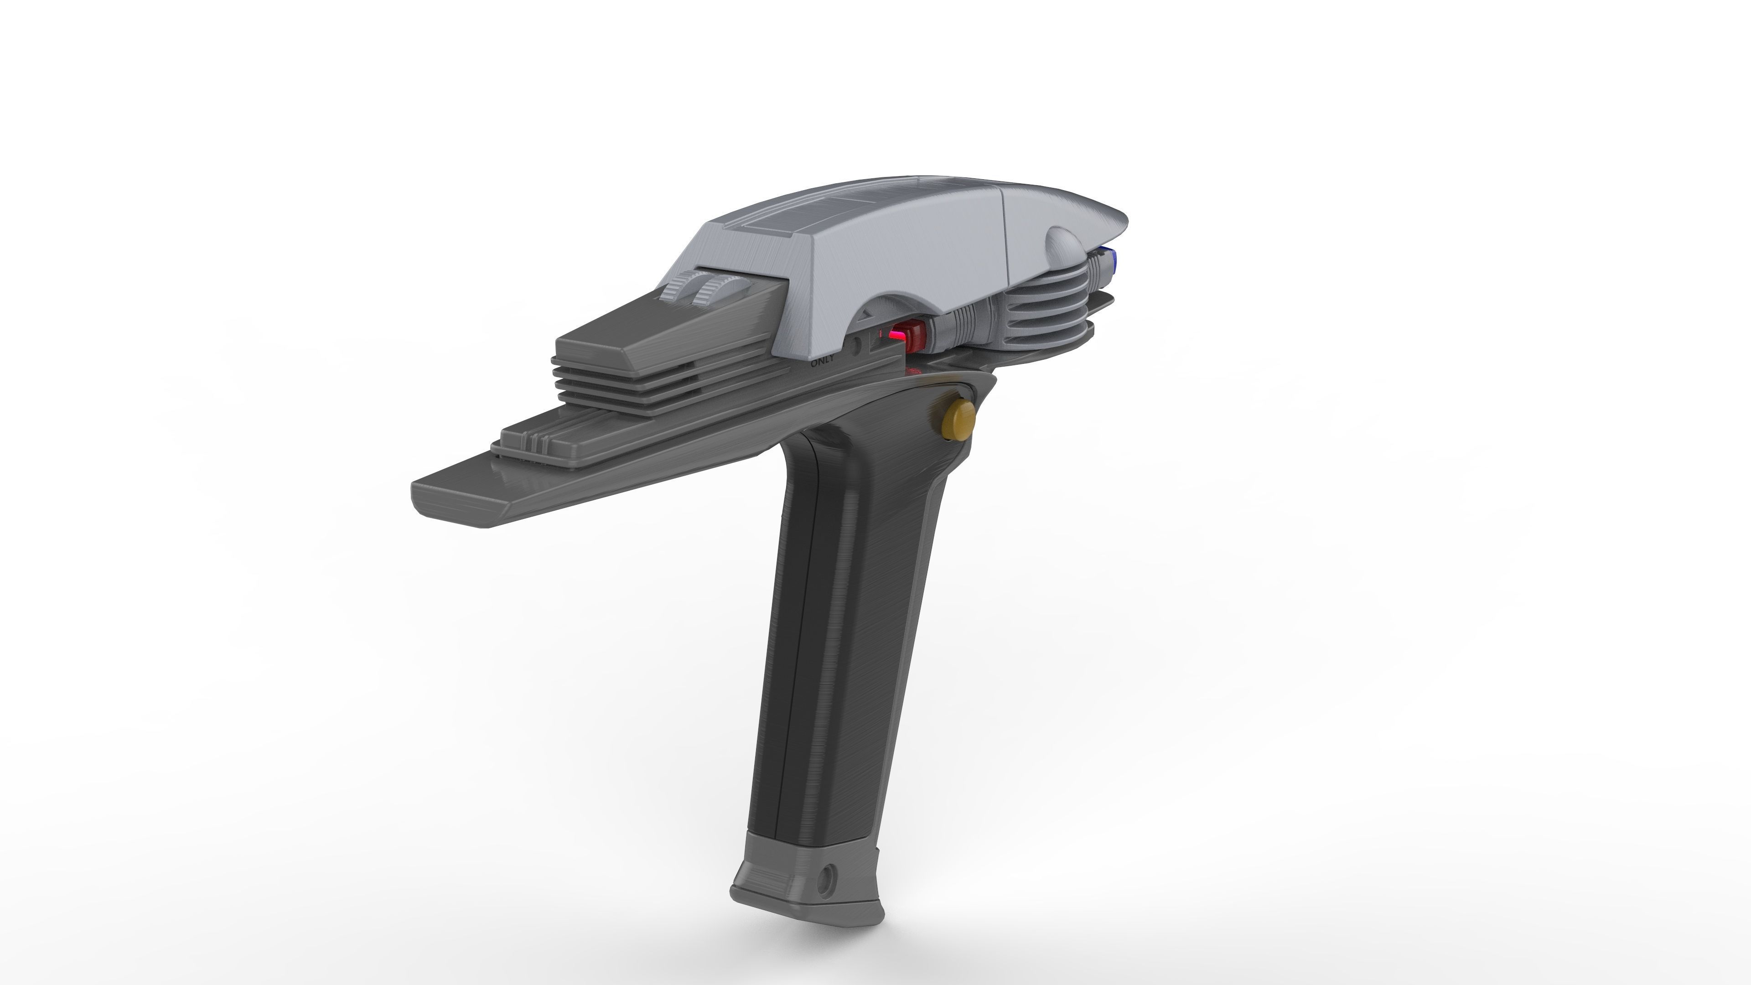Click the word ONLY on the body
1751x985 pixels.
click(822, 361)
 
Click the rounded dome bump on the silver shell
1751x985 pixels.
click(1064, 245)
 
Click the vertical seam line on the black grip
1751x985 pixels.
click(788, 612)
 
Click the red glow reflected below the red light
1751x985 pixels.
click(913, 371)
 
